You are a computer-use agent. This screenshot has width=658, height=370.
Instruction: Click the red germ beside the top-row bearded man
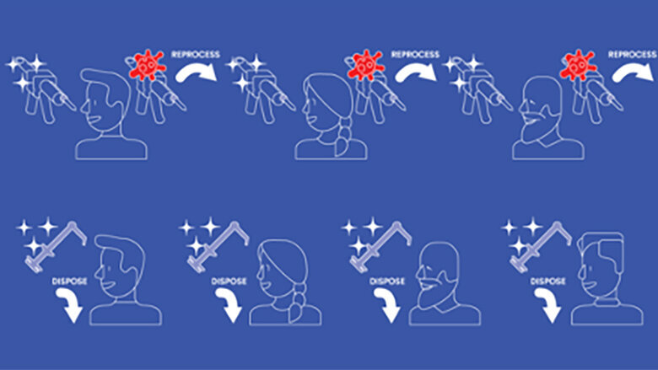click(578, 65)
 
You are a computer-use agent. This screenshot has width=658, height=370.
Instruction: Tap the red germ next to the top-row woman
click(366, 65)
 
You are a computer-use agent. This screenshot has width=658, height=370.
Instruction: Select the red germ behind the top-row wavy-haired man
click(148, 65)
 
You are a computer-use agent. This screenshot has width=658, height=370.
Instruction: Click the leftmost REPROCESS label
click(196, 55)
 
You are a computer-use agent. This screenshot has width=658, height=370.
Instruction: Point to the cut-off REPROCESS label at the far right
click(633, 55)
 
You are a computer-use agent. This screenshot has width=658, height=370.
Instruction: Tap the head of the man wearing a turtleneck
click(601, 264)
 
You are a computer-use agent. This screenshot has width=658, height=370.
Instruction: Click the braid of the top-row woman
click(343, 135)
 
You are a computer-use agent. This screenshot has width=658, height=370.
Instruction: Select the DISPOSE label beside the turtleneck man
click(548, 282)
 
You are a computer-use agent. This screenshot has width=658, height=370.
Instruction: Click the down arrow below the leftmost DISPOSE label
click(70, 306)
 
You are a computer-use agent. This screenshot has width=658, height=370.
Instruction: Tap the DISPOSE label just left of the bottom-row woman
click(229, 282)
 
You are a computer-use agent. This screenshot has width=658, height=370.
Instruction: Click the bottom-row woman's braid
click(298, 303)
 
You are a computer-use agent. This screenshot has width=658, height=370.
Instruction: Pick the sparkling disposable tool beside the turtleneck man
click(539, 247)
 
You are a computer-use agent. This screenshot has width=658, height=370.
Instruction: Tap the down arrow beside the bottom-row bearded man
click(388, 306)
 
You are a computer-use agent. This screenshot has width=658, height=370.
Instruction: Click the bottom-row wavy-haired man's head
click(121, 266)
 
